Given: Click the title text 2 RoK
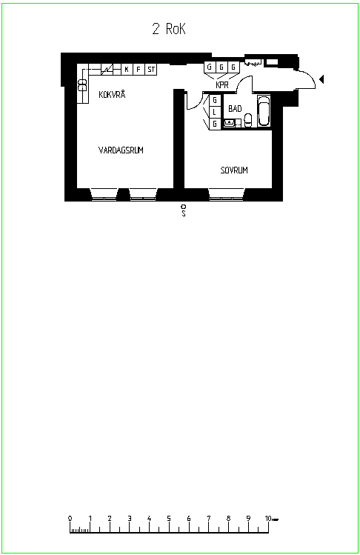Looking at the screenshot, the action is click(x=169, y=29).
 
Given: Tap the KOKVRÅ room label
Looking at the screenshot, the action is click(x=112, y=94).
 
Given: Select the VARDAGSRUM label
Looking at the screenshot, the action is click(x=121, y=150).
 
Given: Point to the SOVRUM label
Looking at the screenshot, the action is click(x=234, y=170).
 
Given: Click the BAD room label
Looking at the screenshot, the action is click(x=235, y=109).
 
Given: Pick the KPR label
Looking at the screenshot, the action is click(x=222, y=85).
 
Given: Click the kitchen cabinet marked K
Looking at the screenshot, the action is click(x=127, y=70).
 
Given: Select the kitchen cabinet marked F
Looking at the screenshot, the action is click(x=139, y=70).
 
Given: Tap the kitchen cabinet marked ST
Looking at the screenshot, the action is click(x=151, y=70).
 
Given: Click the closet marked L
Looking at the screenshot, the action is click(x=215, y=112).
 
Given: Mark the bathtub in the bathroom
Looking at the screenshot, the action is click(x=264, y=110).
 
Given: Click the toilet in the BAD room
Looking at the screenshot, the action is click(x=248, y=120).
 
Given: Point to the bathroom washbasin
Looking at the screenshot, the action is click(x=230, y=123).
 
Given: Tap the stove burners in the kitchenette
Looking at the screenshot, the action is click(x=82, y=85).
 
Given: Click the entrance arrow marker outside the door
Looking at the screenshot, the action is click(x=321, y=79).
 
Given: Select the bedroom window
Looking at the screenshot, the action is click(x=227, y=195).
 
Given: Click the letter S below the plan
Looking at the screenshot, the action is click(x=184, y=213).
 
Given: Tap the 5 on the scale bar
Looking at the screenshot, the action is click(x=169, y=519).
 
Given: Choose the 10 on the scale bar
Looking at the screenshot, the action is click(x=268, y=519).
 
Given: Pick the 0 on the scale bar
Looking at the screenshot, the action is click(x=70, y=519).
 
